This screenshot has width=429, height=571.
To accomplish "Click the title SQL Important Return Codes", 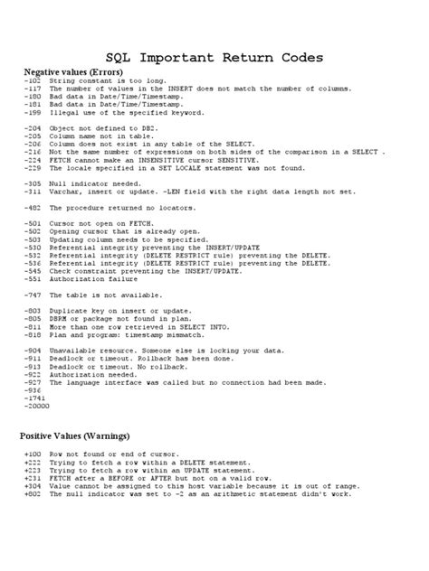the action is coord(214,58).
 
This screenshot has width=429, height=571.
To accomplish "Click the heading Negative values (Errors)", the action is coord(73,71).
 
